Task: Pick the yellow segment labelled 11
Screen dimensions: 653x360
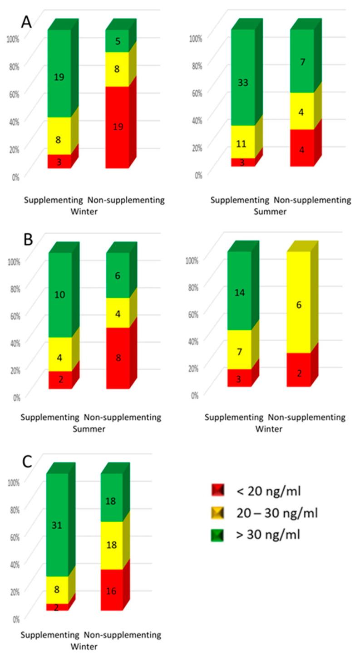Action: [243, 142]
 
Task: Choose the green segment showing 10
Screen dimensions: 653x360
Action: [60, 295]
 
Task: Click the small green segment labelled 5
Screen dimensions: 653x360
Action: [117, 41]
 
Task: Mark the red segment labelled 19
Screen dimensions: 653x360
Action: [117, 127]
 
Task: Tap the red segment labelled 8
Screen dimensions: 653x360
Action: [118, 358]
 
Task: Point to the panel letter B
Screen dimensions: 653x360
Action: [28, 239]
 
